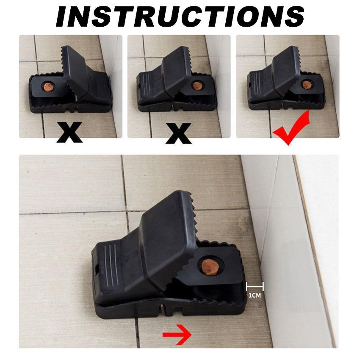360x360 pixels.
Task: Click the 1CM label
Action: point(254,295)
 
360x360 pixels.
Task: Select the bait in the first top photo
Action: point(47,87)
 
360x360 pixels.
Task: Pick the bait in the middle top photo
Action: point(197,86)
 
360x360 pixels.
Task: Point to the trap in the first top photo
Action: point(70,85)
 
